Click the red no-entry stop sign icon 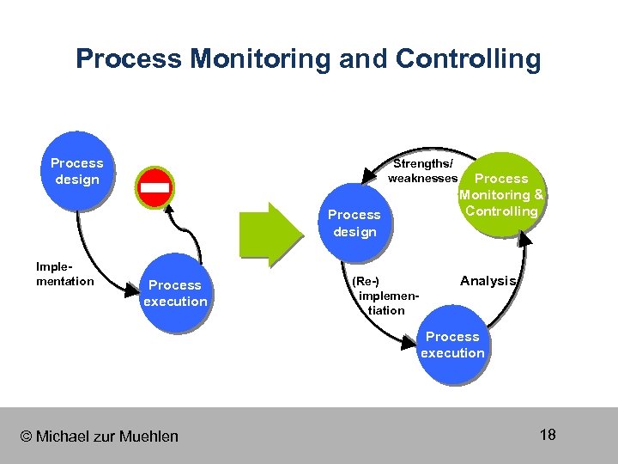pyautogui.click(x=155, y=187)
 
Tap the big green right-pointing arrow pyautogui.click(x=270, y=233)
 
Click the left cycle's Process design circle pyautogui.click(x=76, y=171)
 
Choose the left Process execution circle pyautogui.click(x=175, y=293)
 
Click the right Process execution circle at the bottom pyautogui.click(x=452, y=345)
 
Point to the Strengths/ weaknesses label pyautogui.click(x=422, y=170)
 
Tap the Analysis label pyautogui.click(x=488, y=281)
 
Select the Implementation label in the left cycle pyautogui.click(x=65, y=274)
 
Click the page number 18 pyautogui.click(x=548, y=434)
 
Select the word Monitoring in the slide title pyautogui.click(x=261, y=59)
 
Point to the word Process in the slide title pyautogui.click(x=128, y=59)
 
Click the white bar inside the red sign pyautogui.click(x=155, y=187)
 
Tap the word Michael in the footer pyautogui.click(x=61, y=437)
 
